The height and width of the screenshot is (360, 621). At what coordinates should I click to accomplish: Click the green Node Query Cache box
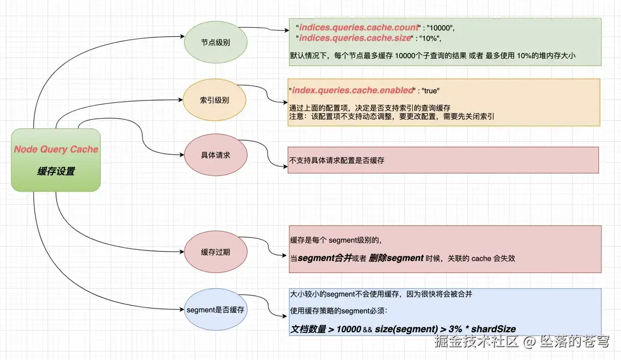(56, 160)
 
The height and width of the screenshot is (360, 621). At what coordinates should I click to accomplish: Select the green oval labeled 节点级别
(216, 42)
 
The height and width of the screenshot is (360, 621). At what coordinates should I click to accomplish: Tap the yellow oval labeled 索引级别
(214, 100)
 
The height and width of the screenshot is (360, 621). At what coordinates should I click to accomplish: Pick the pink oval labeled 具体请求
(216, 155)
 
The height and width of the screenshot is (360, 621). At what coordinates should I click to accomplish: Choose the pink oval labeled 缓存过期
(216, 252)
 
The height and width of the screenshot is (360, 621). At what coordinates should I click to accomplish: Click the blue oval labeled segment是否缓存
(216, 310)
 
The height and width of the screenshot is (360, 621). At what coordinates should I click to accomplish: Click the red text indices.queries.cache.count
(359, 27)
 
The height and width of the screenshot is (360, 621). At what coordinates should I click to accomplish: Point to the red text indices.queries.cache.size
(355, 37)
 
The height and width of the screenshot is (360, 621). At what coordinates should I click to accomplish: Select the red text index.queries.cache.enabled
(352, 90)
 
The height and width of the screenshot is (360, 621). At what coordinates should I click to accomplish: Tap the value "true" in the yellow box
(430, 90)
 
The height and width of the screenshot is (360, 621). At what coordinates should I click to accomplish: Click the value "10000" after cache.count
(440, 28)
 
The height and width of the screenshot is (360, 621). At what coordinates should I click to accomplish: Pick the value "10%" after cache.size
(430, 38)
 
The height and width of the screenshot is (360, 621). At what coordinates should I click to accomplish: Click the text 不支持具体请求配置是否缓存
(337, 161)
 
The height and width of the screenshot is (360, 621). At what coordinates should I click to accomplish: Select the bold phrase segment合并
(325, 258)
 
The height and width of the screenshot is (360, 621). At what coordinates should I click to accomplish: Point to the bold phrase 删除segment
(396, 258)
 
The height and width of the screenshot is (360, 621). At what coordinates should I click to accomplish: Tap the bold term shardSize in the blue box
(494, 329)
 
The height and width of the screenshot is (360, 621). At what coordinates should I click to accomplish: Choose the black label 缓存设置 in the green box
(56, 171)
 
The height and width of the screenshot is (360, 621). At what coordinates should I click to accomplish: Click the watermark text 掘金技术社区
(476, 341)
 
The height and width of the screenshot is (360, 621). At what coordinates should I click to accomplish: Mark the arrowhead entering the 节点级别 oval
(182, 36)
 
